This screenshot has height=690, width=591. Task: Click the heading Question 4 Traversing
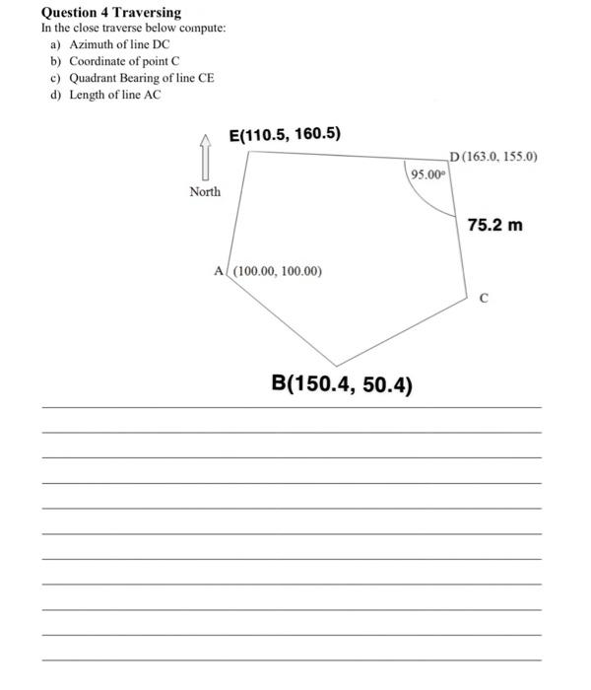tap(110, 12)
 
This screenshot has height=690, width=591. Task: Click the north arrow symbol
tap(205, 155)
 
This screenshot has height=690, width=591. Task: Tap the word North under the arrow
tap(205, 191)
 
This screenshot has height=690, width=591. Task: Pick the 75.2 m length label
tap(494, 226)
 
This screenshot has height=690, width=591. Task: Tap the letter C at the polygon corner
tap(483, 297)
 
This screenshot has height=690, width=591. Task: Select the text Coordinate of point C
tap(124, 61)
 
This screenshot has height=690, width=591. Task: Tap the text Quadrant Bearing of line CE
tap(141, 78)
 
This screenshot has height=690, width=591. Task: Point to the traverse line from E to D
tap(345, 156)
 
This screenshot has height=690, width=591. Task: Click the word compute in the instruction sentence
tap(202, 28)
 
